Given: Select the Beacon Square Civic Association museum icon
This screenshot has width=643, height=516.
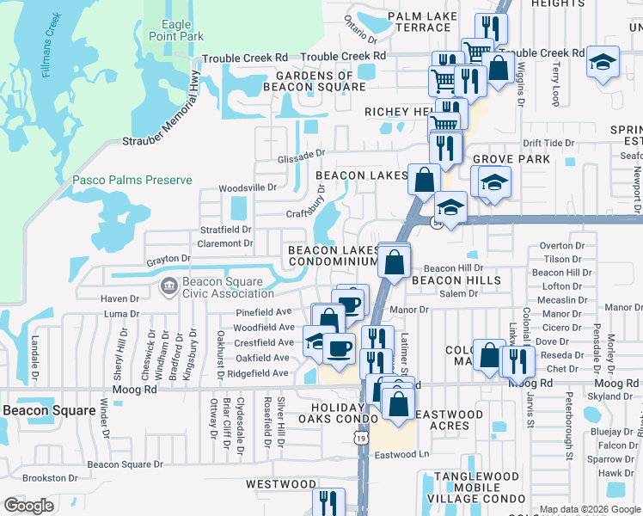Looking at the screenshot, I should pos(168,285).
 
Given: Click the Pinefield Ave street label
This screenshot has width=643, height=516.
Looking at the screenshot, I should pos(264,311).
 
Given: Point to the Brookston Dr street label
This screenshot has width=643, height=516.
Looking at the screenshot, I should pos(44,477).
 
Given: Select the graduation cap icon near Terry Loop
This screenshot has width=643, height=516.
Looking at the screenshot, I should pos(604,63).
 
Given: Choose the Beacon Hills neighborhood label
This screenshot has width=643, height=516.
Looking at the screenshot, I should pos(456,281).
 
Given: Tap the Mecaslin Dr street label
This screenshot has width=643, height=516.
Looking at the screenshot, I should pos(563,300).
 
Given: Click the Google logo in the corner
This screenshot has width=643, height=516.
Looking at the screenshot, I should pos(28,506).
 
